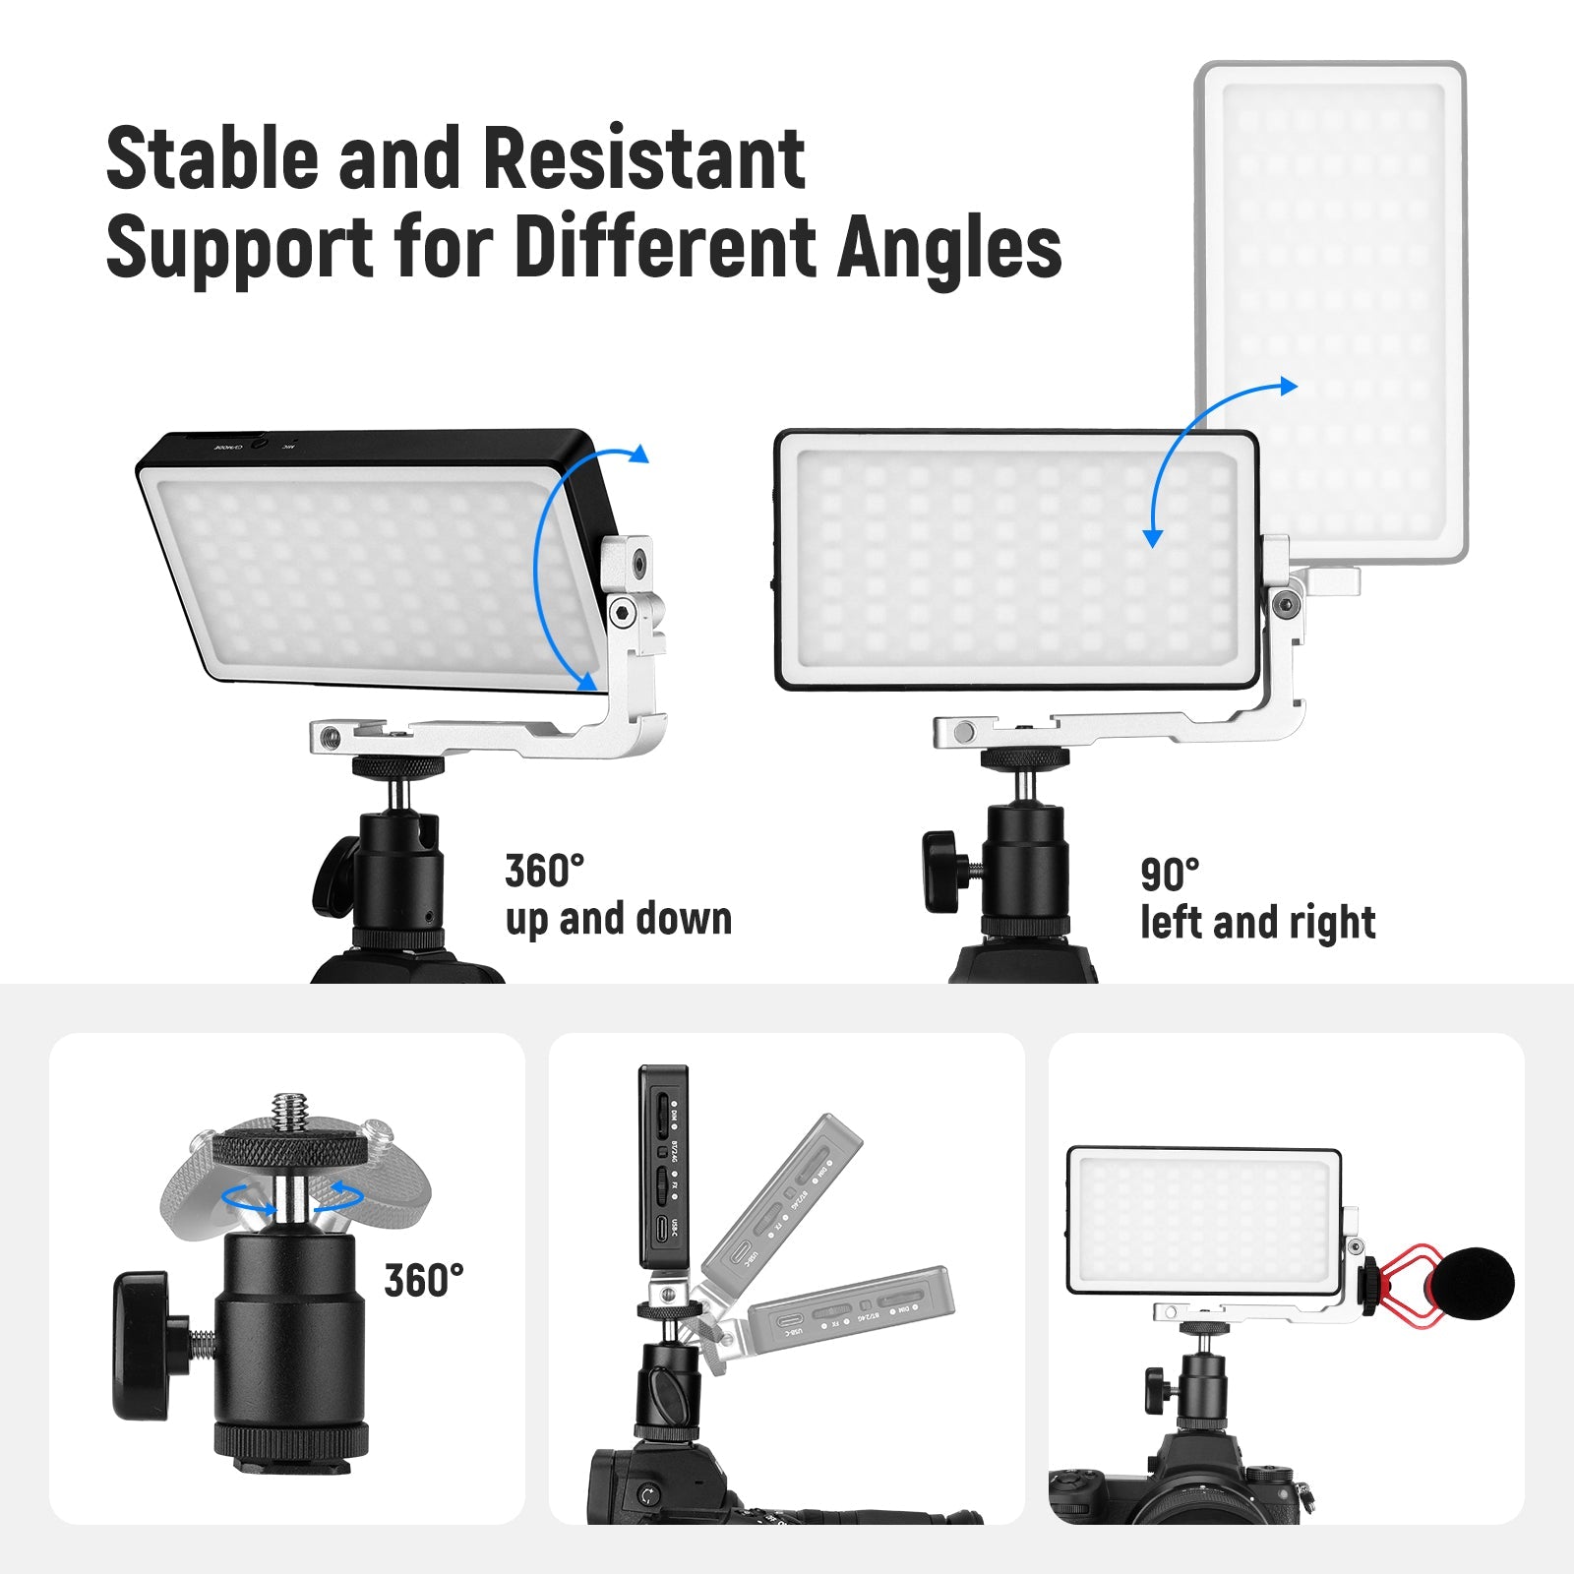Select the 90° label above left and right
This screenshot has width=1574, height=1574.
[1170, 874]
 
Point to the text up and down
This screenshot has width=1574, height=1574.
[618, 920]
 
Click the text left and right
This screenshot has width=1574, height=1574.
[1257, 923]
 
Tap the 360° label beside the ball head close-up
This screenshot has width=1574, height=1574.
[423, 1281]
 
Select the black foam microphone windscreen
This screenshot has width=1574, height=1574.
[1472, 1284]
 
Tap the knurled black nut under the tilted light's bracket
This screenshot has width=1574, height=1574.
[399, 765]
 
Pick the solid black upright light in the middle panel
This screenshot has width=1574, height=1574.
[662, 1167]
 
